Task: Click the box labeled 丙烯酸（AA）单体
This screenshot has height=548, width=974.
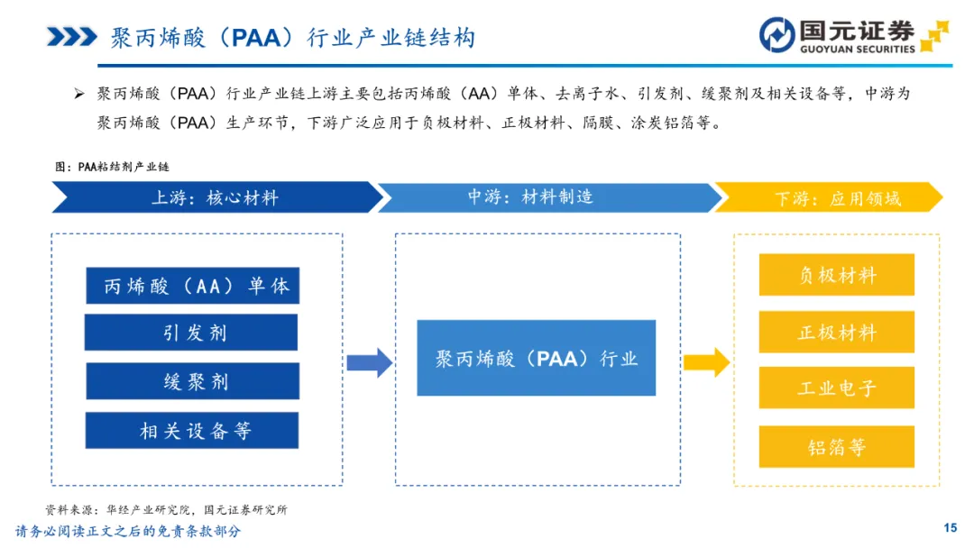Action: click(x=193, y=286)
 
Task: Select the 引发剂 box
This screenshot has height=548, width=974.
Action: click(x=191, y=333)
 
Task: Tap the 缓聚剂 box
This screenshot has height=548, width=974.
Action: click(x=193, y=381)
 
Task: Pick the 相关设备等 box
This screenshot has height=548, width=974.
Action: click(x=192, y=430)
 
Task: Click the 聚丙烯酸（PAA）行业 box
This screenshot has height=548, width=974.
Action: click(x=536, y=358)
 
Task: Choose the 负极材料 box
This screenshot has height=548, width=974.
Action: click(x=837, y=274)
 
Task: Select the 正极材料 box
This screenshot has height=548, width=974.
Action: click(x=837, y=332)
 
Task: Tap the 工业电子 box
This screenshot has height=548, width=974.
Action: click(x=837, y=388)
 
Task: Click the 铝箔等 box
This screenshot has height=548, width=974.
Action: click(x=837, y=447)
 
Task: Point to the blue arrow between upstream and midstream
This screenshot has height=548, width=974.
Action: click(x=370, y=363)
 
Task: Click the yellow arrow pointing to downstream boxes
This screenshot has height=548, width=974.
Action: click(x=707, y=362)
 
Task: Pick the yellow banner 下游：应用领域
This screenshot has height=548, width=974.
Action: click(x=830, y=198)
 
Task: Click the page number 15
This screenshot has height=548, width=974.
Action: click(x=951, y=527)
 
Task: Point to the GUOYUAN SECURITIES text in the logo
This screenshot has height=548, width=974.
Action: click(x=858, y=49)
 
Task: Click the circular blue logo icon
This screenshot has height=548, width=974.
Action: click(x=777, y=35)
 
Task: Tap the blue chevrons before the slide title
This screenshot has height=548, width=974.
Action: click(x=72, y=37)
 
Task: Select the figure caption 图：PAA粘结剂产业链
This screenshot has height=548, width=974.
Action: click(x=112, y=167)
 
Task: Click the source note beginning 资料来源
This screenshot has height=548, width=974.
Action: click(x=167, y=509)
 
